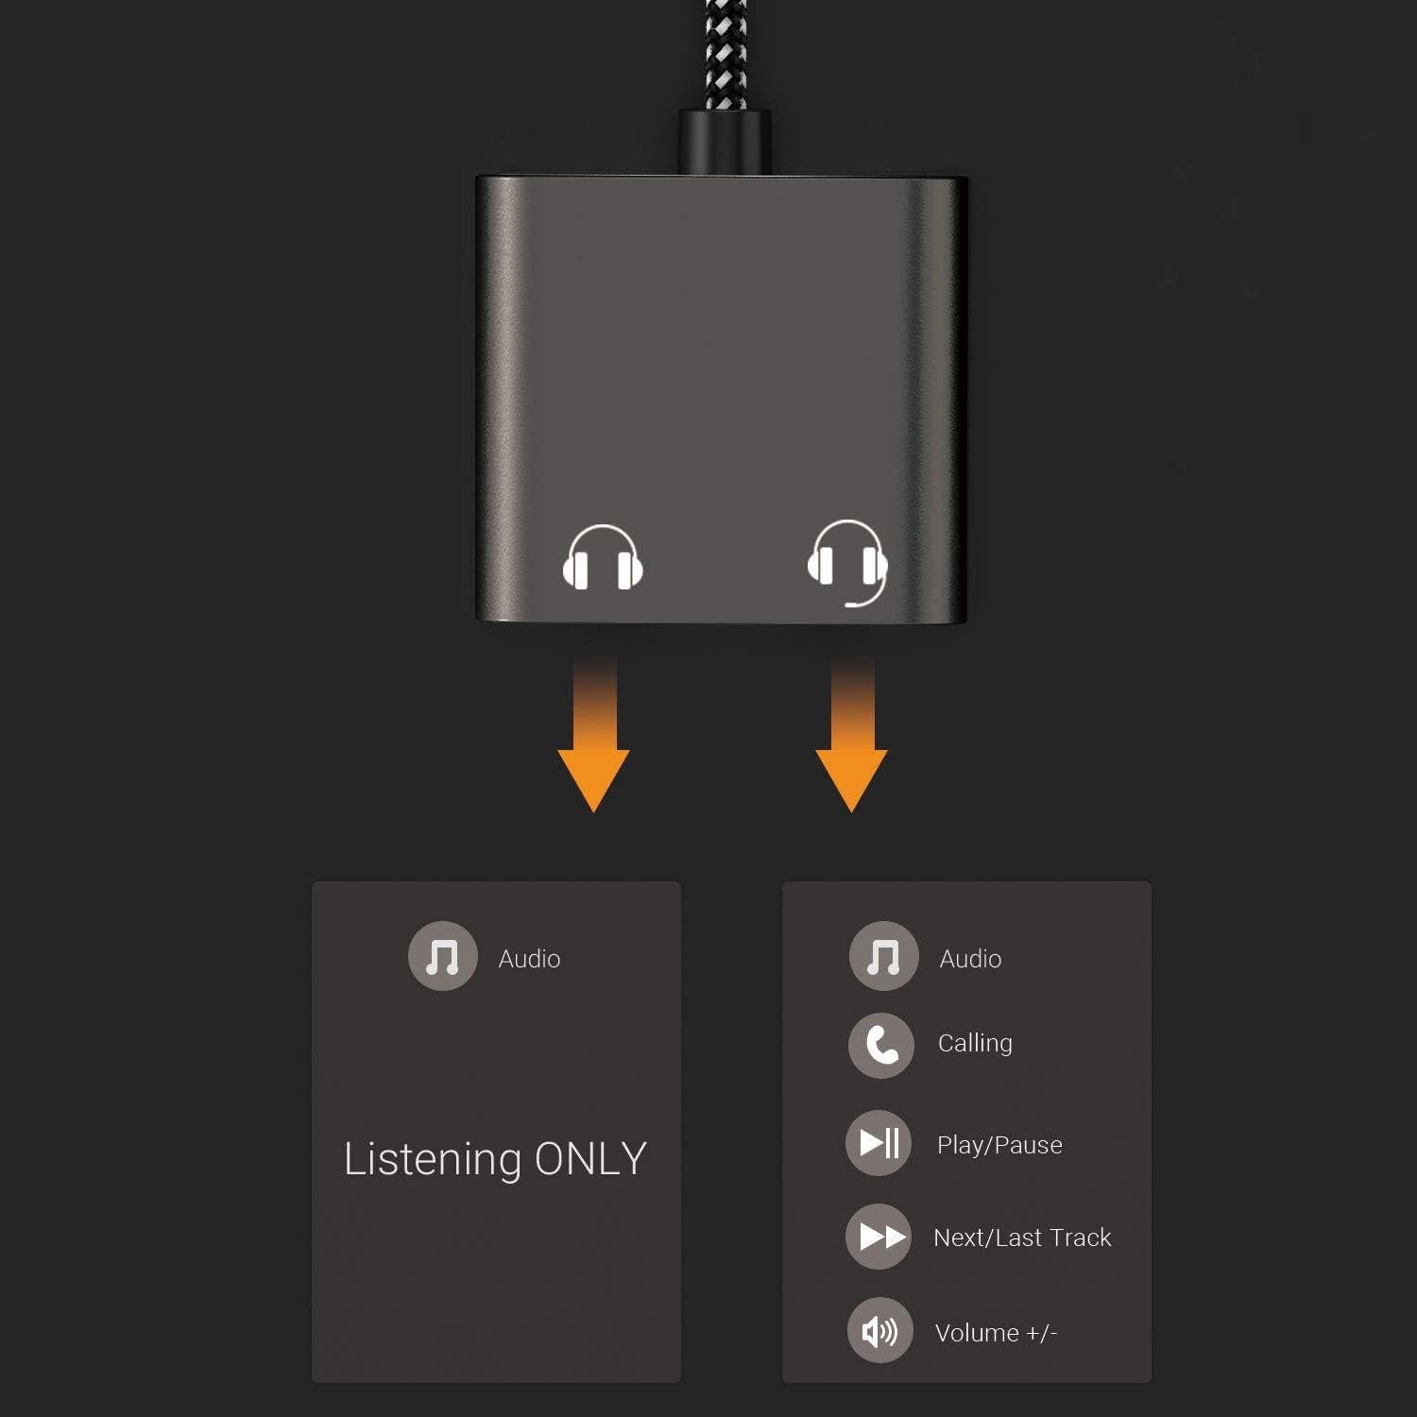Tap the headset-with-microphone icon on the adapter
847,561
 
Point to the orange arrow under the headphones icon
594,742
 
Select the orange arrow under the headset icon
852,742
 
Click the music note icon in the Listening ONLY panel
442,956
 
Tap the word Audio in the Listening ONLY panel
529,959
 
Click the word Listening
432,1159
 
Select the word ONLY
590,1158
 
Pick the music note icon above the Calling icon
883,956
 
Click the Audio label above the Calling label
970,959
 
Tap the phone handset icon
880,1045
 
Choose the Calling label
975,1044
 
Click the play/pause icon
879,1143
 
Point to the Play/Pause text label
999,1145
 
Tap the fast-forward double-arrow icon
879,1237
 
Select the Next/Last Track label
1022,1238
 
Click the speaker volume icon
879,1332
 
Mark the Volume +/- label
996,1333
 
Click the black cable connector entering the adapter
724,143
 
